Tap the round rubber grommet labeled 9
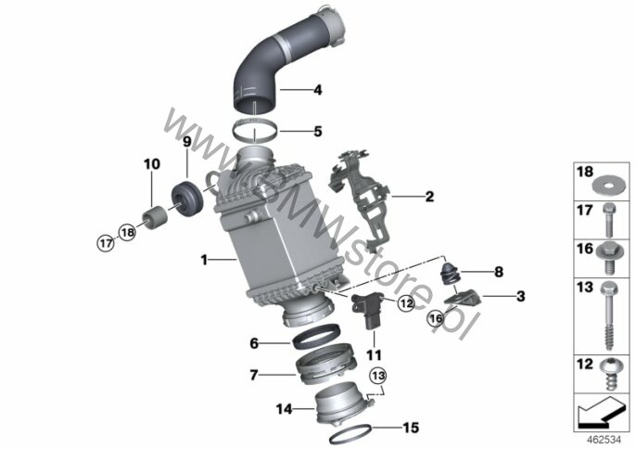tap(186, 200)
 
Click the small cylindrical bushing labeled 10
tap(155, 218)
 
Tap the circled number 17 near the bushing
tap(106, 243)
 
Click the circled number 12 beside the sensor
tap(407, 302)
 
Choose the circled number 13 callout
tap(378, 376)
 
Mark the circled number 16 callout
tap(436, 318)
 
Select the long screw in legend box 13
tap(607, 315)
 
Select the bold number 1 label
tap(204, 260)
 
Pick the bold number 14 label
tap(284, 409)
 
